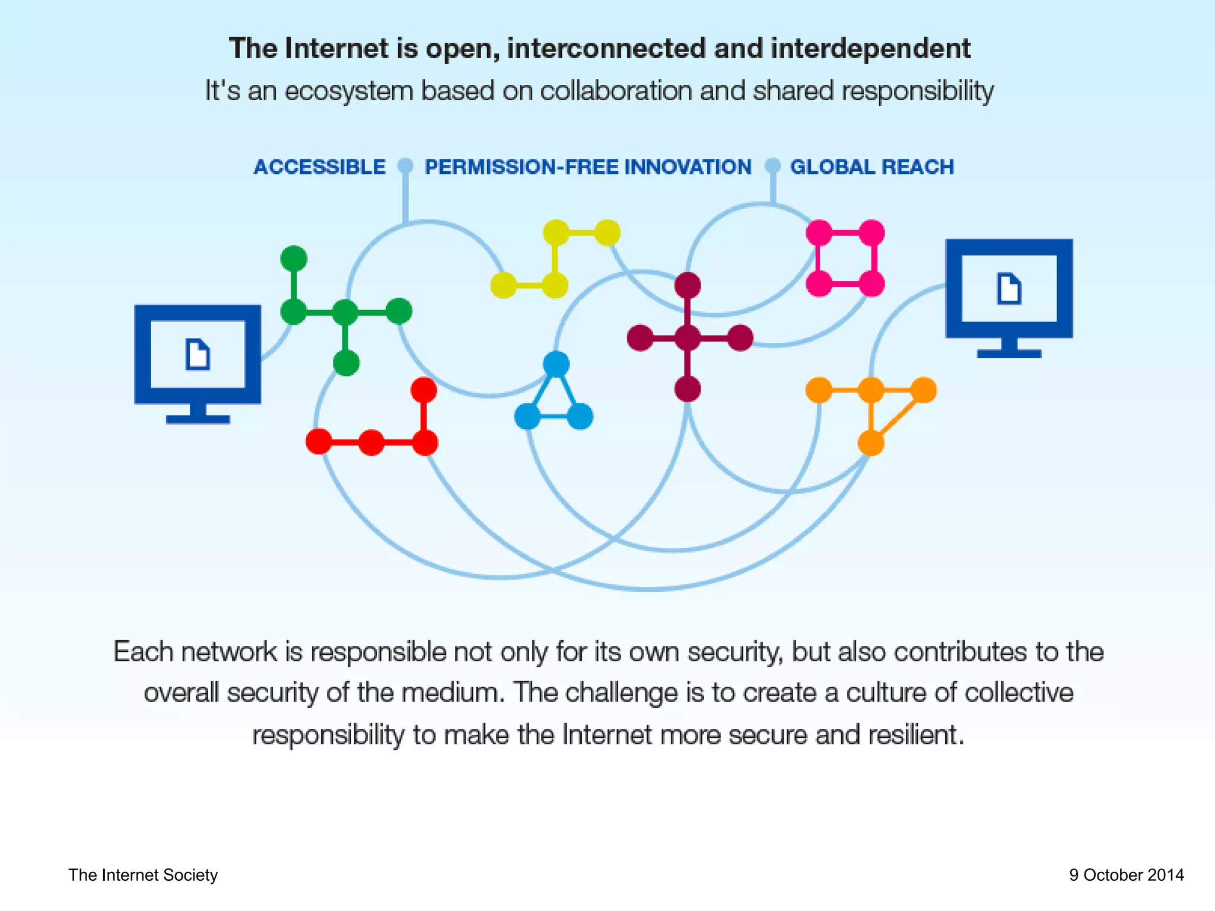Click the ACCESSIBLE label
tap(319, 167)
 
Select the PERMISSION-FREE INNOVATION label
tap(588, 167)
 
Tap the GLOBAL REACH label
tap(872, 167)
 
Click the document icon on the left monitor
tap(198, 354)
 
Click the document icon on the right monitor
tap(1009, 288)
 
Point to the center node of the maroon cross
tap(688, 338)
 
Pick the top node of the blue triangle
tap(556, 364)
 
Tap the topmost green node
tap(294, 259)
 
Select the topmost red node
tap(424, 390)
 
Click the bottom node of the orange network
tap(871, 442)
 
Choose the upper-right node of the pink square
tap(872, 232)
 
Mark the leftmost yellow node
tap(503, 285)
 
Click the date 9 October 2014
tap(1126, 875)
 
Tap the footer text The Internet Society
tap(143, 875)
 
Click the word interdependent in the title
tap(870, 49)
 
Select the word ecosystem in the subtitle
tap(348, 91)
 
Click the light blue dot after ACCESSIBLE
tap(405, 165)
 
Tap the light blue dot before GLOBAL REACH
tap(772, 165)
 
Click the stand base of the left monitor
tap(198, 419)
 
